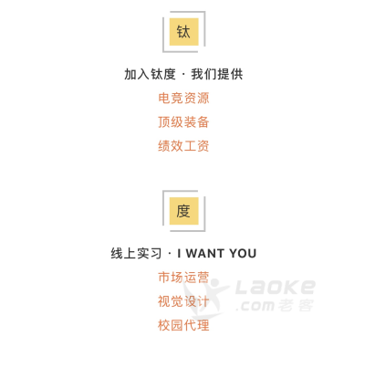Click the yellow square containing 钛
(x=183, y=32)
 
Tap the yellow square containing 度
(x=183, y=211)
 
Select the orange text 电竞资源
(x=183, y=98)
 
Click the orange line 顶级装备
(x=183, y=122)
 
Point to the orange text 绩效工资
(x=183, y=146)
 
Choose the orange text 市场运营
(x=183, y=278)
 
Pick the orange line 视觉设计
(x=183, y=301)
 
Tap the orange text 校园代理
(x=183, y=325)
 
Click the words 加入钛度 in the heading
(x=150, y=74)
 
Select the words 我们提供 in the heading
(x=217, y=74)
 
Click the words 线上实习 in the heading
(x=136, y=254)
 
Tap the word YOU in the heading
(x=243, y=254)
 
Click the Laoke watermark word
(x=276, y=287)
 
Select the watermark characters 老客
(x=296, y=305)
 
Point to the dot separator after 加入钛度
(x=183, y=75)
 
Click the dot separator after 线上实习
(x=170, y=254)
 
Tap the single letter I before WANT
(x=180, y=254)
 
